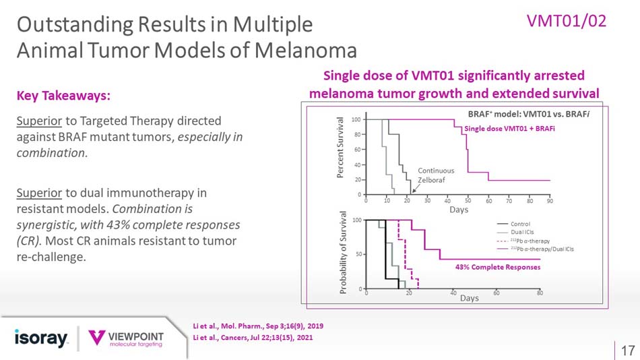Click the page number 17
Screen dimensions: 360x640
coord(627,350)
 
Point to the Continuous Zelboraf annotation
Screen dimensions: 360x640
coord(436,175)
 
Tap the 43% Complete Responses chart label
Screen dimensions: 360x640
coord(499,266)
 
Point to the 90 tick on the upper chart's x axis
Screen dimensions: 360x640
coord(550,201)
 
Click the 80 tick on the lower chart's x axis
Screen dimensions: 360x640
coord(540,293)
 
